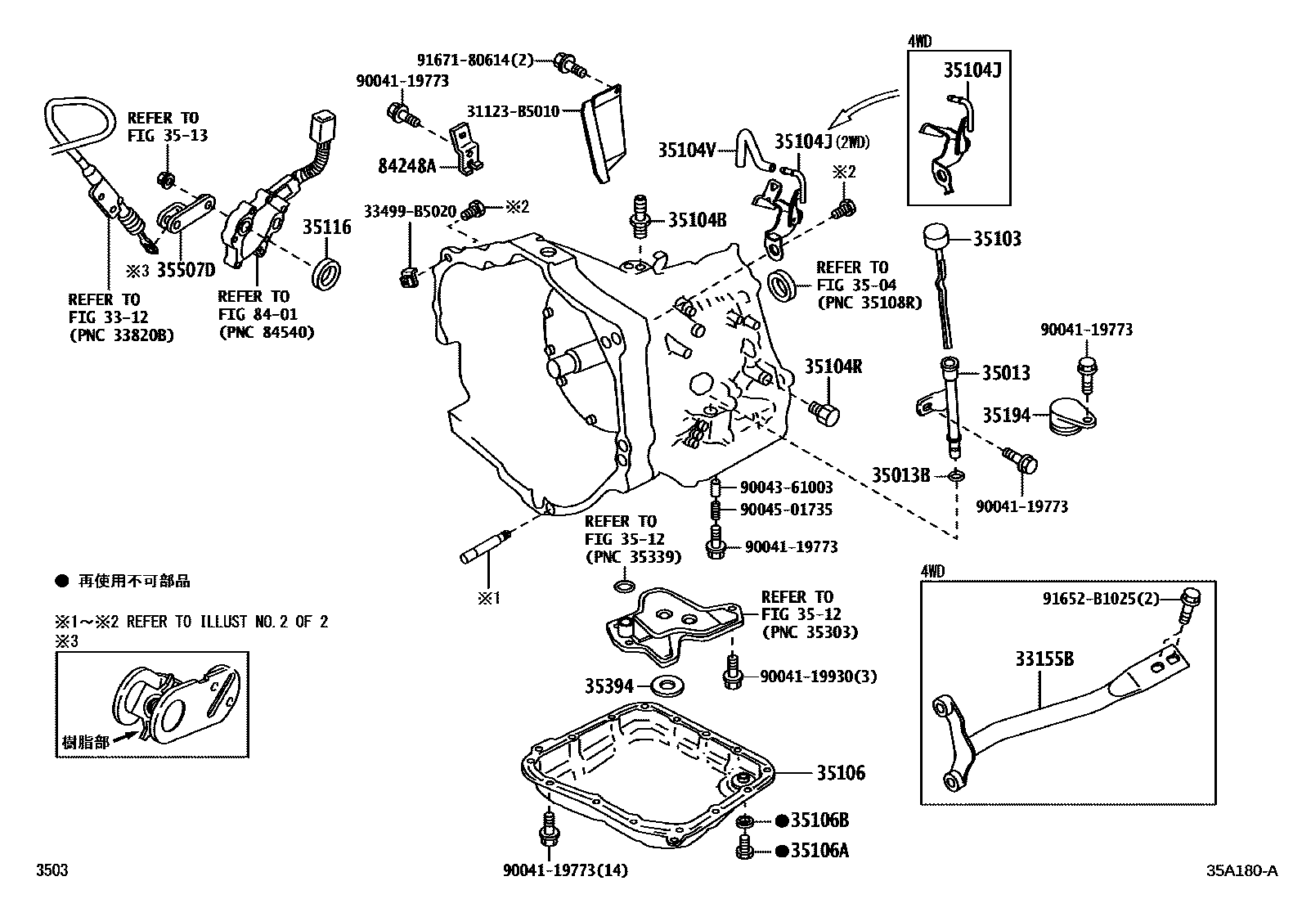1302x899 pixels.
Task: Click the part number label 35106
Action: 840,772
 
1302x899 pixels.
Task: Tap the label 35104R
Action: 833,366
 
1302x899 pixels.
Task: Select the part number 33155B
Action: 1044,659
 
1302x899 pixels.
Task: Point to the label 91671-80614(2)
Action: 474,60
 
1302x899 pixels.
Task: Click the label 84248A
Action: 406,166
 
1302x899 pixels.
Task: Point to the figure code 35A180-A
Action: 1241,870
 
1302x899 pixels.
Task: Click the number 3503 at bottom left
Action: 52,870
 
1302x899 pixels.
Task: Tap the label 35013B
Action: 900,474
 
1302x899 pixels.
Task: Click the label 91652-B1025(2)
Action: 1100,599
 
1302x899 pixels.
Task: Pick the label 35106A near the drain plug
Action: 820,851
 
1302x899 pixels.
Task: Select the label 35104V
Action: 687,150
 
